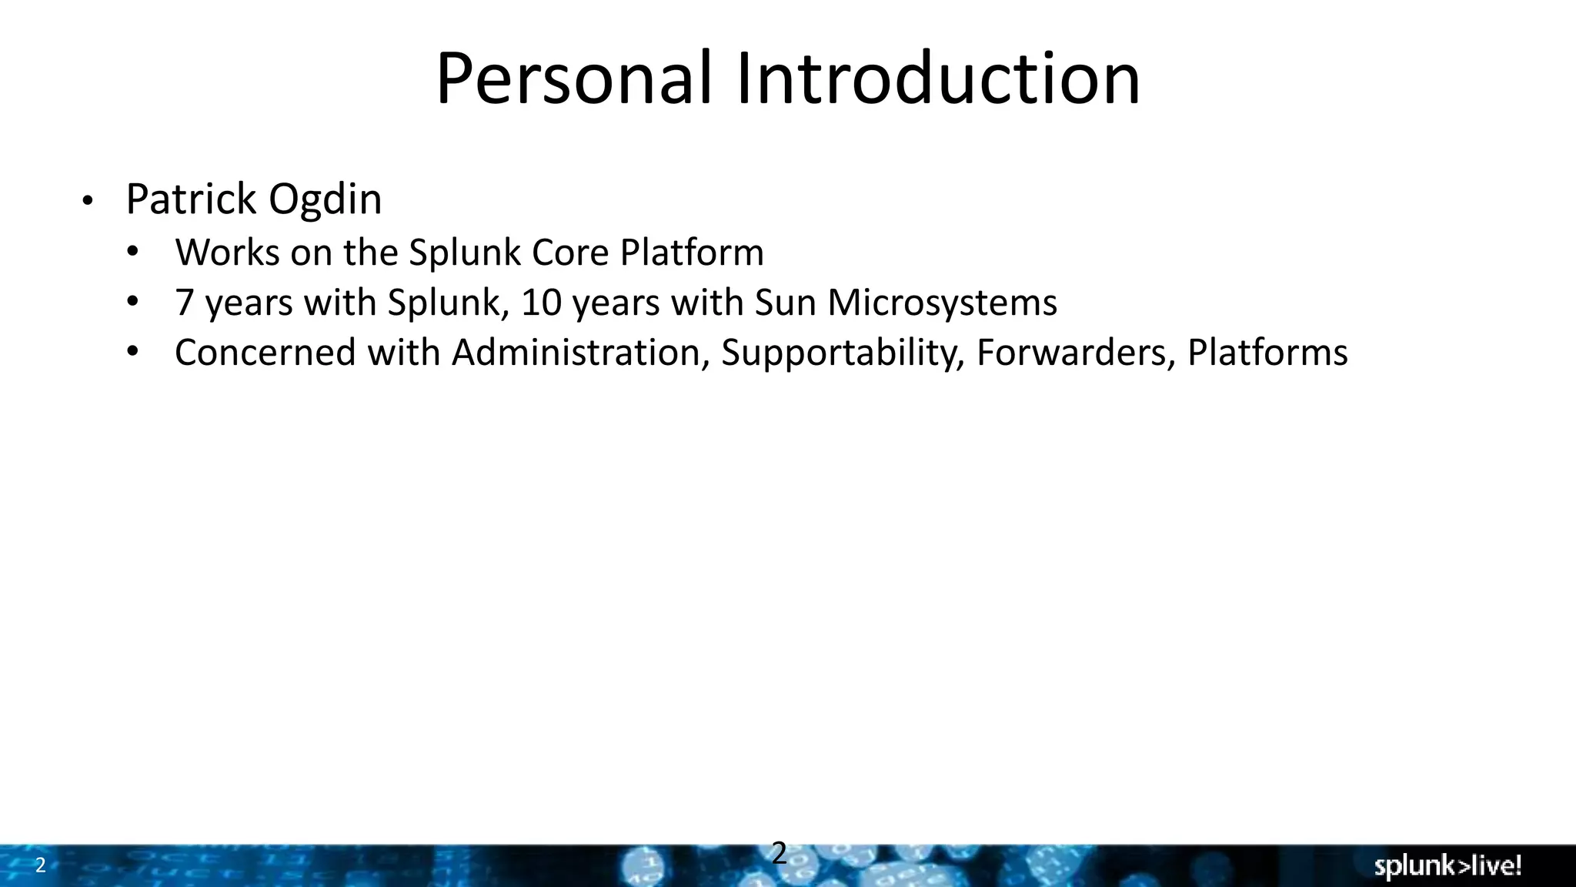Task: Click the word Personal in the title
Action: [573, 79]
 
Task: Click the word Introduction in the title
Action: [938, 79]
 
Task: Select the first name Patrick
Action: [191, 199]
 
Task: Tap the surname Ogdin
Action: [325, 199]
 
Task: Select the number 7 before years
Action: [184, 303]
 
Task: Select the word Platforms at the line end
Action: [1267, 353]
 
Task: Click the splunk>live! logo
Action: [1447, 866]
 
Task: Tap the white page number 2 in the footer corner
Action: [41, 865]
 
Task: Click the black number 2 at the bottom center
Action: [779, 853]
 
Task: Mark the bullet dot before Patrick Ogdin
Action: [87, 202]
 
